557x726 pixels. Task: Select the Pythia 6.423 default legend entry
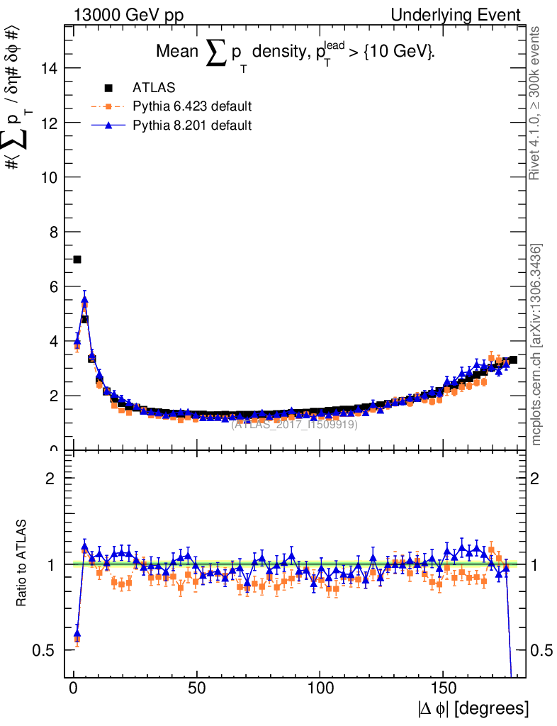(x=192, y=107)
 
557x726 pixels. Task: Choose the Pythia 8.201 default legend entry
(x=192, y=125)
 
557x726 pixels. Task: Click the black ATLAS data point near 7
(x=77, y=259)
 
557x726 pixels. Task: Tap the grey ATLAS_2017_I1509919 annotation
(x=294, y=425)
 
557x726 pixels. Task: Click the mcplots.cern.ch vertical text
(x=537, y=345)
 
